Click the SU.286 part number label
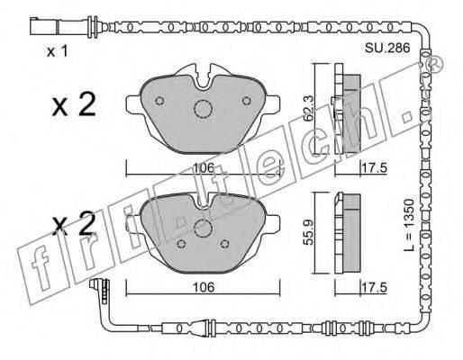point(387,48)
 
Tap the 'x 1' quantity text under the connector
point(58,52)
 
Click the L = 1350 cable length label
point(409,225)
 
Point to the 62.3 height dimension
point(308,108)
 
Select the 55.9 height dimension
point(308,232)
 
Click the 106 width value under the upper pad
point(204,167)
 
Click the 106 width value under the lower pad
point(204,287)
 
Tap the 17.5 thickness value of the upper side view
point(374,168)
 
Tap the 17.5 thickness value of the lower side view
point(374,288)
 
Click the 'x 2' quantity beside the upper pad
point(74,104)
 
